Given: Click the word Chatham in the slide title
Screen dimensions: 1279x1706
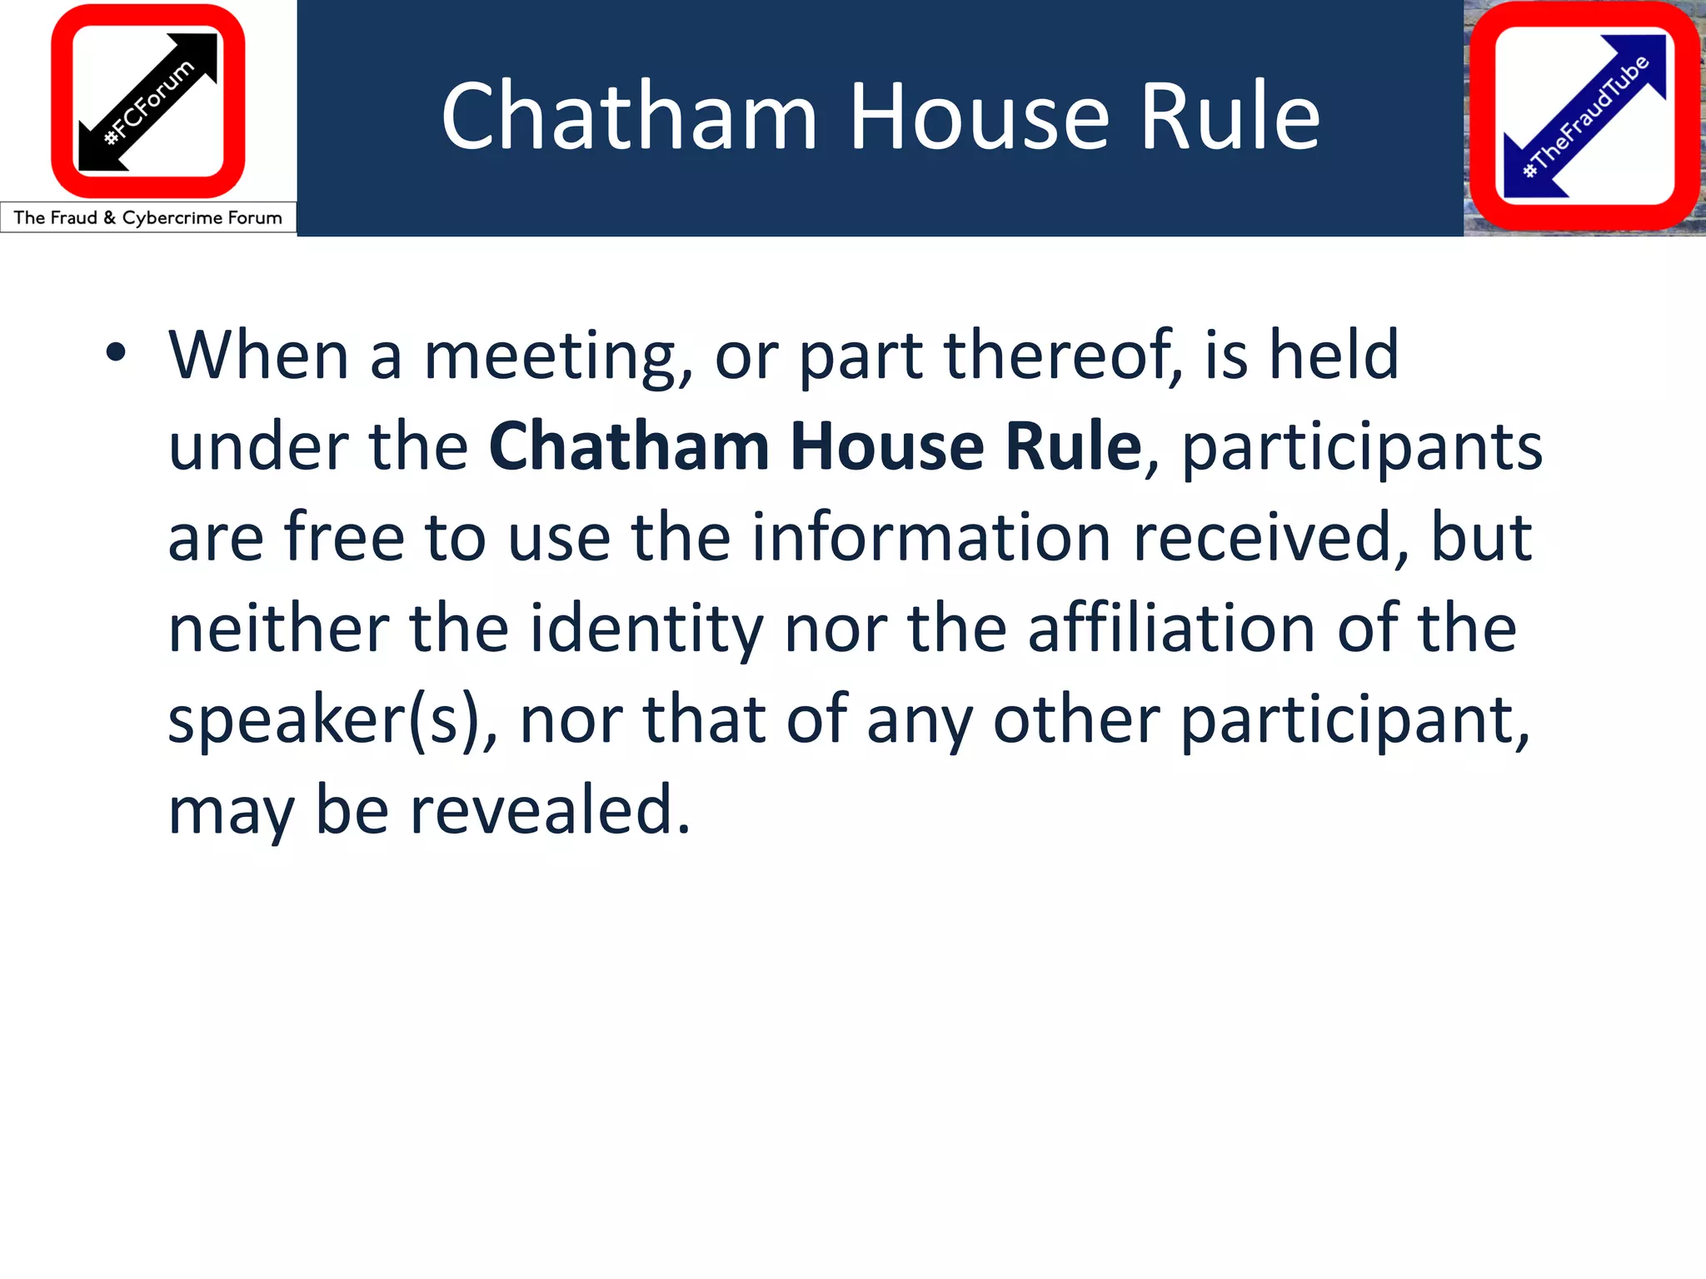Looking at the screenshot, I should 629,117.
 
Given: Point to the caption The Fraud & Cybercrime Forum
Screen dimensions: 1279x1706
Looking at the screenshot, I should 148,218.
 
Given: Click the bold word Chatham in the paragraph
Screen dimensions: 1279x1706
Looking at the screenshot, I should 629,446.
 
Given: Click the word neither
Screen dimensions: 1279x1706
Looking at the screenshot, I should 278,628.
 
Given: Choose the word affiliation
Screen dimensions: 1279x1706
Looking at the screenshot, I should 1171,628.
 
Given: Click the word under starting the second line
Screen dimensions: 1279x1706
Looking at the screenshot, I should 257,446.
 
